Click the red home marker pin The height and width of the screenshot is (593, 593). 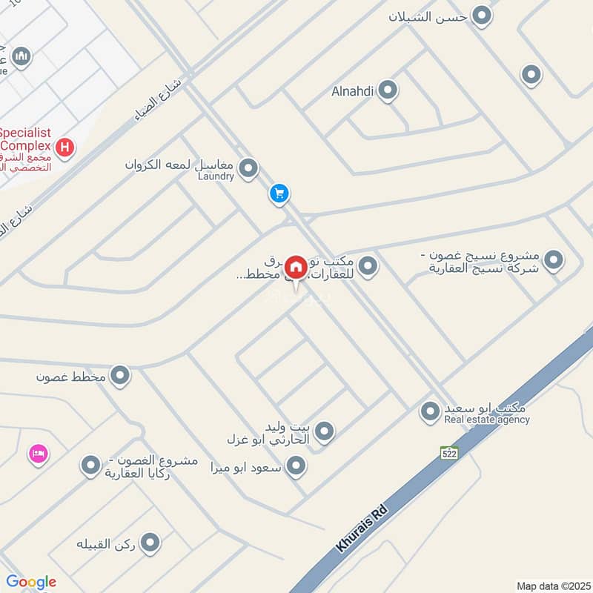coord(296,267)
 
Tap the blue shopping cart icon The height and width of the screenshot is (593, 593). coord(279,193)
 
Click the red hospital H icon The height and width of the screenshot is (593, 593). coord(65,148)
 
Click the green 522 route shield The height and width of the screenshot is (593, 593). coord(448,452)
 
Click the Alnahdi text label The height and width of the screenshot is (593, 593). coord(354,92)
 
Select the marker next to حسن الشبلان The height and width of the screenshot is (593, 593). coord(483,16)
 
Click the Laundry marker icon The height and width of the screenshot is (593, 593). coord(249,168)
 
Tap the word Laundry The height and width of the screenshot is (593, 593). coord(216,176)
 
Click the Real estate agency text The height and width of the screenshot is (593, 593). coord(487,420)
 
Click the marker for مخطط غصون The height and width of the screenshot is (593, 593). coord(120,377)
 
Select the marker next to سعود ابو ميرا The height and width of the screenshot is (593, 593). coord(296,466)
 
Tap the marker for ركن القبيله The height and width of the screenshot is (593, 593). coord(150,543)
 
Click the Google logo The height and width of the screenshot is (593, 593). coord(31,582)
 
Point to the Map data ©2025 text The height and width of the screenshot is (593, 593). coord(552,586)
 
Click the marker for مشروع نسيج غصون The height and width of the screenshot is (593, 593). coord(552,260)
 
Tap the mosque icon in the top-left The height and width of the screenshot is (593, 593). coord(22,56)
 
